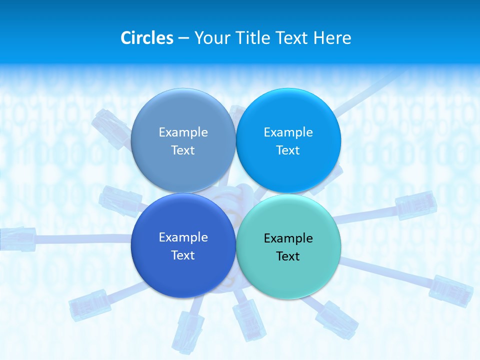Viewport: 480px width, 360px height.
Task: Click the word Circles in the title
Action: click(146, 37)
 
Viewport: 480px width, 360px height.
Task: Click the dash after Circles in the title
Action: click(183, 38)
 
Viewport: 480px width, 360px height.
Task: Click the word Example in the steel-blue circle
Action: click(183, 132)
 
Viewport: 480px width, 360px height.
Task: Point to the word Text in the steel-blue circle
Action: click(183, 150)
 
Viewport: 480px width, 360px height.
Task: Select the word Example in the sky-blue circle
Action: click(288, 132)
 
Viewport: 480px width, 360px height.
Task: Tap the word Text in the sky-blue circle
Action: click(288, 150)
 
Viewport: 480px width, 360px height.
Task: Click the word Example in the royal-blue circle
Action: click(183, 237)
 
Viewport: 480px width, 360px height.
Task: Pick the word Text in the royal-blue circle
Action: click(183, 255)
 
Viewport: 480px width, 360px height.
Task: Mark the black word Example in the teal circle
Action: click(288, 238)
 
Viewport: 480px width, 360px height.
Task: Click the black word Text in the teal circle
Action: click(288, 256)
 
